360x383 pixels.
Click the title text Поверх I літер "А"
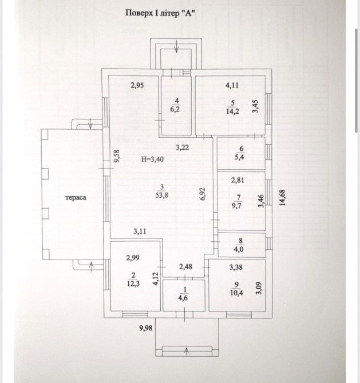(160, 13)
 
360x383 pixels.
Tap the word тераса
(76, 197)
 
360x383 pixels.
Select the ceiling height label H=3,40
(152, 159)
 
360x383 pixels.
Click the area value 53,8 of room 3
(161, 196)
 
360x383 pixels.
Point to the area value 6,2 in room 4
(175, 109)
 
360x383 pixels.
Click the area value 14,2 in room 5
(232, 111)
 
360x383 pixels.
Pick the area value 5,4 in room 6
(239, 157)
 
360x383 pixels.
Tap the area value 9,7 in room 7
(236, 205)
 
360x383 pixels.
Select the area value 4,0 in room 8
(239, 249)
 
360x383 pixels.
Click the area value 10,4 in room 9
(236, 293)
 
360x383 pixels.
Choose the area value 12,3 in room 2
(133, 284)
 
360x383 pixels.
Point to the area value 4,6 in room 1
(183, 298)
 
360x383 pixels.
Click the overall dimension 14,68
(282, 198)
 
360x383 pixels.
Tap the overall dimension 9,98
(146, 328)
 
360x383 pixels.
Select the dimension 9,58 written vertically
(117, 156)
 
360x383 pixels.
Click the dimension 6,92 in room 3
(203, 194)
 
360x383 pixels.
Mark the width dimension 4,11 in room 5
(232, 86)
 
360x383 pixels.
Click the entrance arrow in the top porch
(177, 46)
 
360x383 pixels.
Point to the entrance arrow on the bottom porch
(187, 351)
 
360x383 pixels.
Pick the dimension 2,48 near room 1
(185, 267)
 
